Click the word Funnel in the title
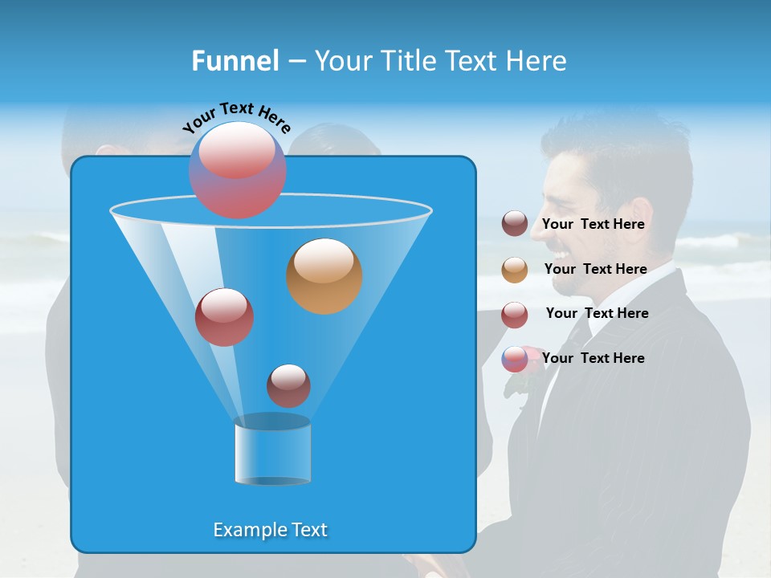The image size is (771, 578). tap(235, 61)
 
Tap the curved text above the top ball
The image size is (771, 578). tap(236, 117)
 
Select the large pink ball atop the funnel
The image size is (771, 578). tap(237, 169)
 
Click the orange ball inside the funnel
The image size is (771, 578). tap(324, 276)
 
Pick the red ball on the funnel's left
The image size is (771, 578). tap(224, 317)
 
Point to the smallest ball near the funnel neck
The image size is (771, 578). tap(288, 385)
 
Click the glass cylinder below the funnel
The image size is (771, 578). tap(272, 450)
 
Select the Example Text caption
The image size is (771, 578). tap(271, 530)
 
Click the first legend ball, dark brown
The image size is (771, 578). tap(515, 224)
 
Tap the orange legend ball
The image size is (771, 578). tap(515, 270)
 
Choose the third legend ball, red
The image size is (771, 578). tap(515, 315)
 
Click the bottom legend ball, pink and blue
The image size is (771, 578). tap(515, 359)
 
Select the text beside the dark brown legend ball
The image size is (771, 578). tap(593, 225)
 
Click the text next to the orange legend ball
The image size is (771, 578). tap(595, 270)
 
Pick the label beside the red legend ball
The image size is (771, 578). tap(597, 314)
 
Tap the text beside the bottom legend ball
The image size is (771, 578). tap(593, 359)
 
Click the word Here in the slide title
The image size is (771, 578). tap(536, 61)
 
